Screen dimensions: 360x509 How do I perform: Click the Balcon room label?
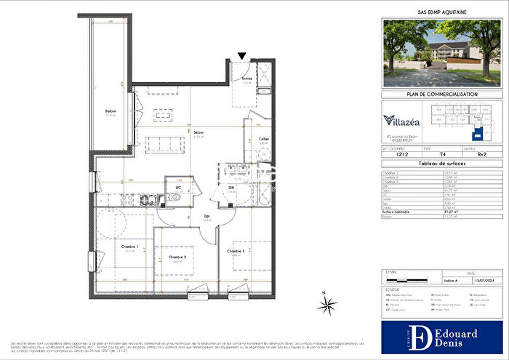tap(111, 111)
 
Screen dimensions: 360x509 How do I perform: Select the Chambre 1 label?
tap(130, 247)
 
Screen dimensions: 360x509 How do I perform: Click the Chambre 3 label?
tap(236, 251)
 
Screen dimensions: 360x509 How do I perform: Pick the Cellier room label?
tap(265, 140)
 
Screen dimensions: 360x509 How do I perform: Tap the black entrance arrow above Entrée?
tap(243, 55)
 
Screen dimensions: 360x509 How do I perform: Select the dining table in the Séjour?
tap(163, 116)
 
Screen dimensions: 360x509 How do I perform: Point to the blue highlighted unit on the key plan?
tap(478, 134)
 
